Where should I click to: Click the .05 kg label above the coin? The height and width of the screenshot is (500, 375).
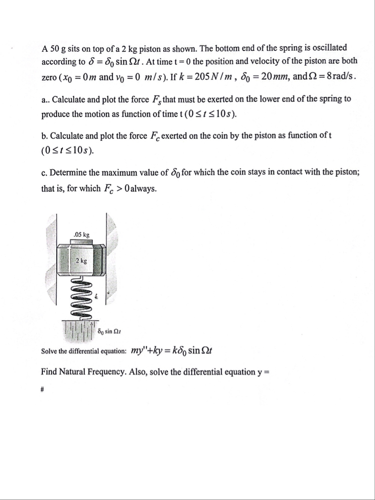pos(81,234)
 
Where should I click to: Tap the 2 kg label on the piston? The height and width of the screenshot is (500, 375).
pos(81,261)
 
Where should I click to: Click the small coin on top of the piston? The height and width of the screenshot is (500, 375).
pos(81,242)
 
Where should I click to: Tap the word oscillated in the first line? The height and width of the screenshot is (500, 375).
pos(328,48)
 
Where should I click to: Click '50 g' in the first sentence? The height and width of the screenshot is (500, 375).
pos(58,48)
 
